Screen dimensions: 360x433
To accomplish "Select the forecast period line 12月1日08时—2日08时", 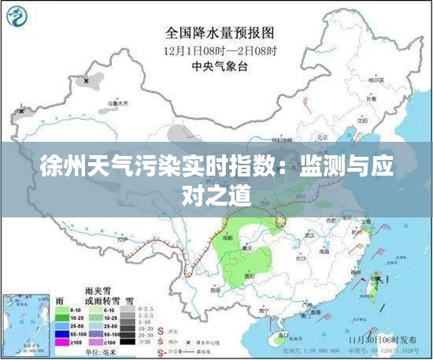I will click(220, 51).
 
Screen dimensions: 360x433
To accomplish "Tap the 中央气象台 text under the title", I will click(220, 67).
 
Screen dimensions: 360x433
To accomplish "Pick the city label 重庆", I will click(246, 248).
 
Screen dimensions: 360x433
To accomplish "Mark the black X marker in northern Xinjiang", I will click(86, 80).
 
